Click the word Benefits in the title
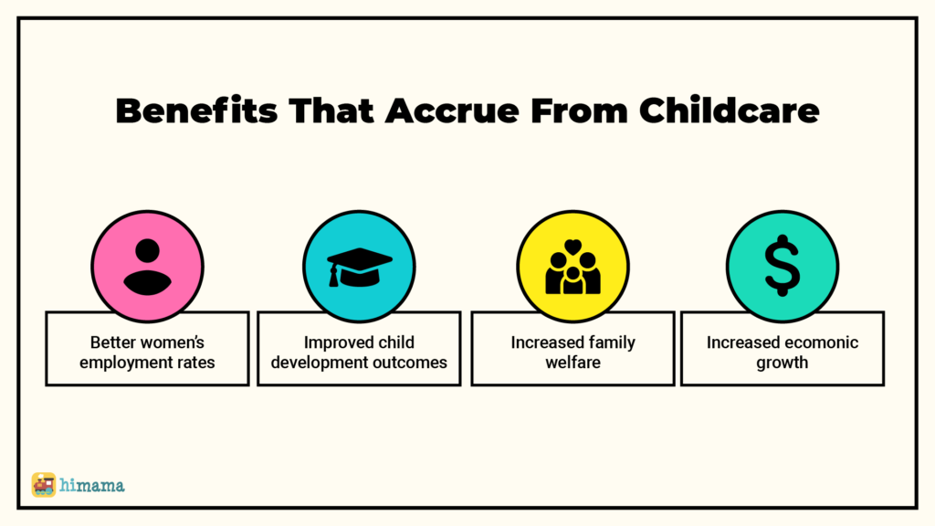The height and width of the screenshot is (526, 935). pos(197,110)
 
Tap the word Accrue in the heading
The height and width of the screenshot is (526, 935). pos(452,110)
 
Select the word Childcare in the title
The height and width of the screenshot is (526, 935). pos(730,110)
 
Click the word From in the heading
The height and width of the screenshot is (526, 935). pos(579,110)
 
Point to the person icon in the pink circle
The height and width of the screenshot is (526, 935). pos(147,267)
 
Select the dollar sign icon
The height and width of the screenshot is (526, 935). pos(783,266)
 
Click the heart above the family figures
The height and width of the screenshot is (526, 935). pos(573,246)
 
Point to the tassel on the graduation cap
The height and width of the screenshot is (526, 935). pos(334,276)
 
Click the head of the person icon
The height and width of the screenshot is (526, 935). pos(147,250)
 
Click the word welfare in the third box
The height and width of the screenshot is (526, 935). pos(573,363)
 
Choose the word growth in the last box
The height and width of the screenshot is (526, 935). pos(783,363)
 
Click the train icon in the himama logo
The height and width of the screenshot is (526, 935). pos(44,485)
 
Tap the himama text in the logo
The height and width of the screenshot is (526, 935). pos(92,486)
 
